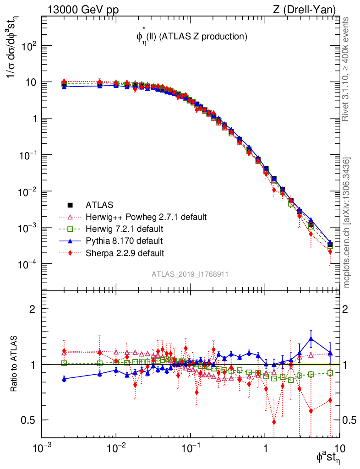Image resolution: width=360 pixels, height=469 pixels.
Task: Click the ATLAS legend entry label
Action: pos(99,204)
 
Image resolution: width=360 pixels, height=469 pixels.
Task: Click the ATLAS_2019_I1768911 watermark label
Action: pos(190,274)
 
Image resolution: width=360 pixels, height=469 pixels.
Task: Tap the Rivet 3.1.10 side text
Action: pos(347,69)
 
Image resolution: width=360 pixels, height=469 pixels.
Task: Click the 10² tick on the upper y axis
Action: pos(29,46)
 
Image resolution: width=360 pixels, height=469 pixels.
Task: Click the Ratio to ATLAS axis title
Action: pos(15,364)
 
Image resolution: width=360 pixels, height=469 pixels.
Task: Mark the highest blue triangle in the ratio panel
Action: pos(311,339)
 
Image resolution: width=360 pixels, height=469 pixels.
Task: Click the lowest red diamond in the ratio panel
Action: pos(274,422)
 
